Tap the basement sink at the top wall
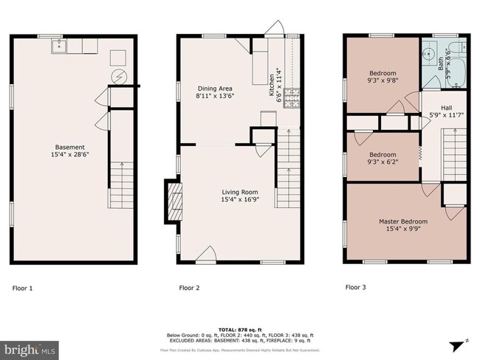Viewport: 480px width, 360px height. click(58, 47)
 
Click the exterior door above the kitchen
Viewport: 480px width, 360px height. click(274, 28)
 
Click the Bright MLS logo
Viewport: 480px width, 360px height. click(31, 347)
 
